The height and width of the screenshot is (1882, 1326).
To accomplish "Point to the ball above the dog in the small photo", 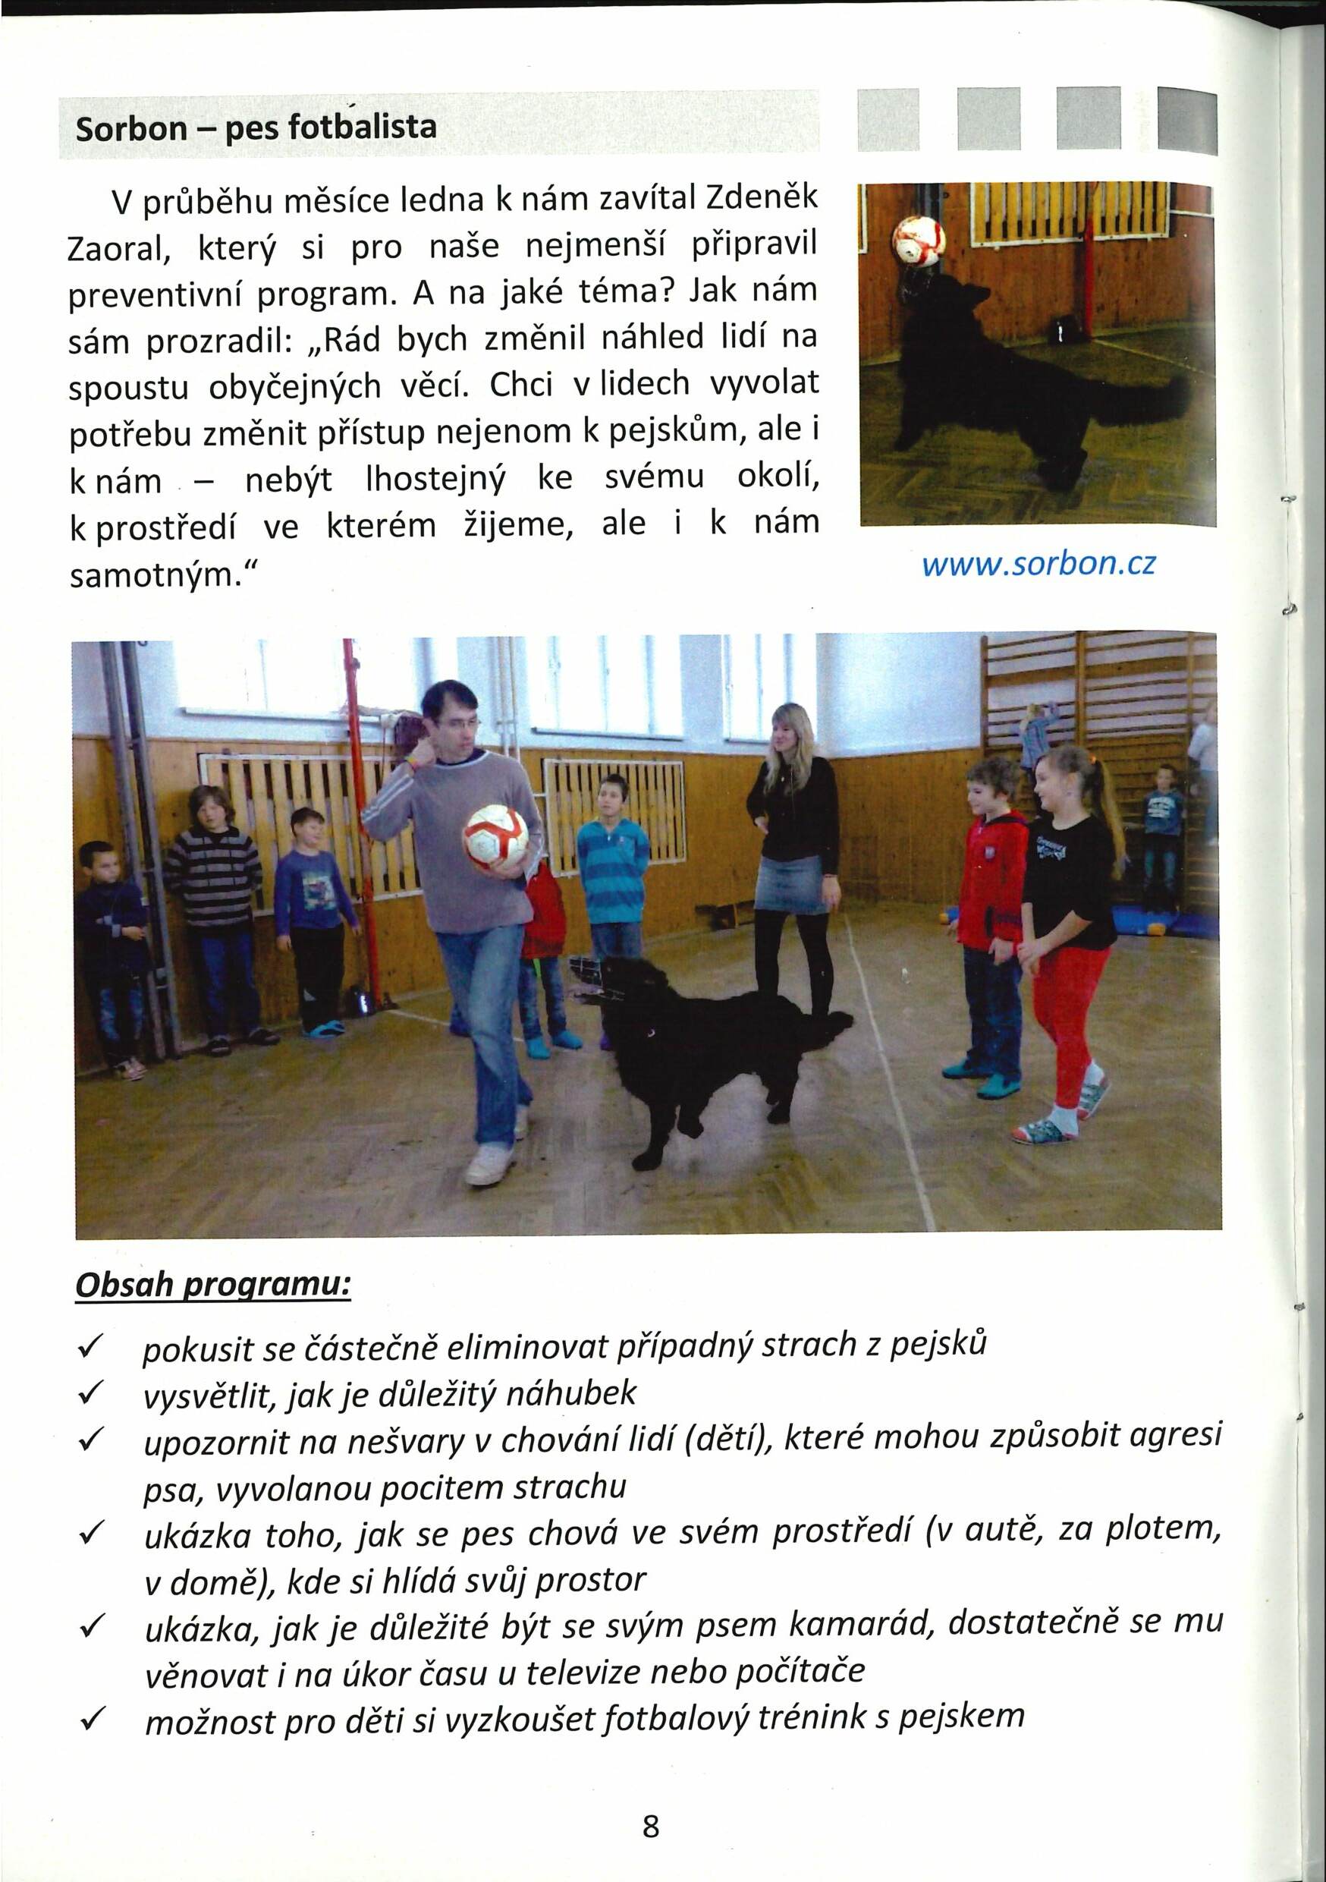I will point(919,239).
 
